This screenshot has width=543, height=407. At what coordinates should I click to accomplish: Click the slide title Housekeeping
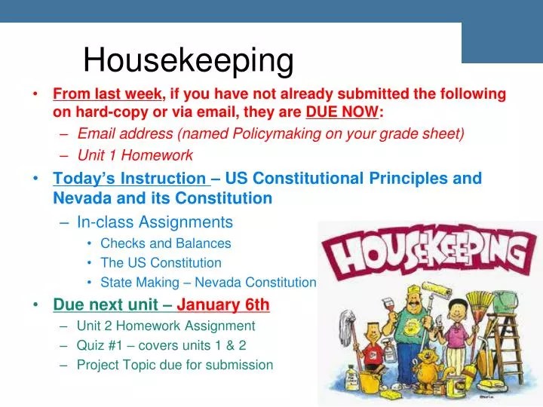coord(188,60)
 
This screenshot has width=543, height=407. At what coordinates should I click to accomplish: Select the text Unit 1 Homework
coord(135,156)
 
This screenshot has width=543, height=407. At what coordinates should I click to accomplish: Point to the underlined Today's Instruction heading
coord(129,179)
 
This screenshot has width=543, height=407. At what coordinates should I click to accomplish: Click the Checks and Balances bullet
coord(165,243)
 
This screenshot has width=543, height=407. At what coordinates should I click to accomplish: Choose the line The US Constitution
coord(161,263)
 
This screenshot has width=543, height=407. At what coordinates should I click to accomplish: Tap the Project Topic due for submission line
coord(174,365)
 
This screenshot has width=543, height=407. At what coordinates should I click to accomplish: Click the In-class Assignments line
coord(155,222)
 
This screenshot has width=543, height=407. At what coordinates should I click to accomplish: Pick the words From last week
coord(107,93)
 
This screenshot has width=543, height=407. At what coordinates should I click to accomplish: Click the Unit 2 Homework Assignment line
coord(166,326)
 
